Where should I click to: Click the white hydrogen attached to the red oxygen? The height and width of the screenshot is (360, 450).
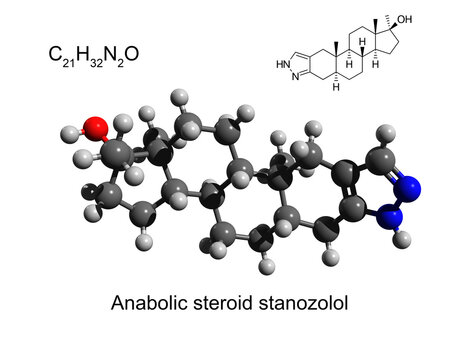click(x=70, y=132)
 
